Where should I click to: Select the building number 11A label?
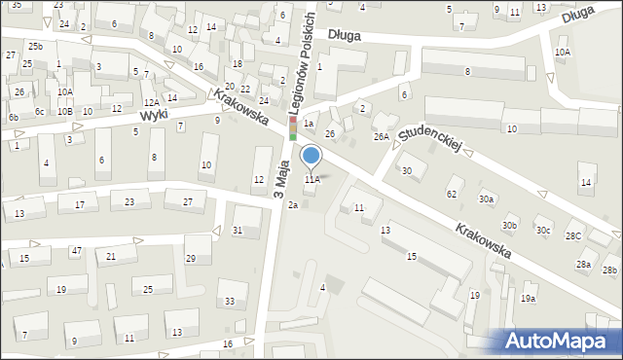311,180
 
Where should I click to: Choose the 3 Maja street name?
280,183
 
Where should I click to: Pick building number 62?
452,194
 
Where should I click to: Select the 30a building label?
486,198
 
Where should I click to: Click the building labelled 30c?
542,231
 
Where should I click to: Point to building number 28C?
574,235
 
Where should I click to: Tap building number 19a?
529,299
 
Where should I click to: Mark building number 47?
76,251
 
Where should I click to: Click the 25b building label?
35,47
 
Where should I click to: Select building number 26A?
381,137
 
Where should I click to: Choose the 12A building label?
151,102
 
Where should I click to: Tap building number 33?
230,302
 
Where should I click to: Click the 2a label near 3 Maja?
292,204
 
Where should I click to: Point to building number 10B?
64,111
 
